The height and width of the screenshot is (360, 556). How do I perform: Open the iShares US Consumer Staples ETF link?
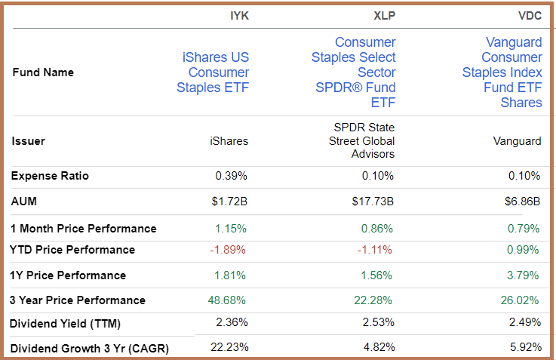[213, 72]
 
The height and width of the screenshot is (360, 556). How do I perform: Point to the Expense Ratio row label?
[50, 176]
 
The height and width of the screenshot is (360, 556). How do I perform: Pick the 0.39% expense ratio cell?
[231, 176]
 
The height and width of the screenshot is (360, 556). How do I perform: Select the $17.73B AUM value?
[373, 202]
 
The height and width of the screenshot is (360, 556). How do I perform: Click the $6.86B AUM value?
[521, 202]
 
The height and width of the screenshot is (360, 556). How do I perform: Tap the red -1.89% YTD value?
[230, 250]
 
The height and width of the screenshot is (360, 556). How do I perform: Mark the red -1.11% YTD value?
[376, 250]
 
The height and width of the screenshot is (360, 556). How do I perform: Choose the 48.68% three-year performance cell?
[228, 300]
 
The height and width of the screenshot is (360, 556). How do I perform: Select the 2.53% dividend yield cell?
[378, 323]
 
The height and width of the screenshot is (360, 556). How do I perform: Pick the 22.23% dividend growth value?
[230, 348]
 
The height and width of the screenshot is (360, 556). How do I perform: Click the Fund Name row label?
[43, 73]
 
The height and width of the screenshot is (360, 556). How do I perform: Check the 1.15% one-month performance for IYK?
[231, 229]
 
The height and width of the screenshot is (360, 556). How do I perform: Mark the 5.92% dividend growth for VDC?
[524, 348]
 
